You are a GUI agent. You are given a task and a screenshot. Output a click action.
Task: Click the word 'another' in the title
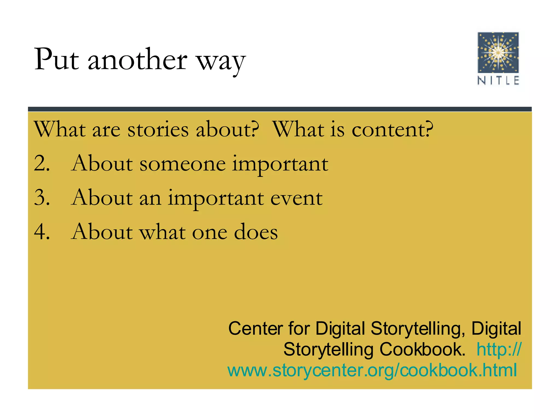137,60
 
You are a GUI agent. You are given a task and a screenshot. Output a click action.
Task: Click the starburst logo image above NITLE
498,52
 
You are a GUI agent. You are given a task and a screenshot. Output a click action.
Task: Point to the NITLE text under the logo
498,81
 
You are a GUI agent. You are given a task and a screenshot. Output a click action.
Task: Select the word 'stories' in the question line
158,130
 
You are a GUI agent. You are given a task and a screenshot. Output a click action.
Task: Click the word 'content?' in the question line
392,130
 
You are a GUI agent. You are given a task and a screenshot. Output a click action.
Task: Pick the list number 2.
42,164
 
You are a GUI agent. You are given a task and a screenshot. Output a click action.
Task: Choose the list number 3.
42,197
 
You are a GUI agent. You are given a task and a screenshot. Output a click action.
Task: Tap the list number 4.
42,232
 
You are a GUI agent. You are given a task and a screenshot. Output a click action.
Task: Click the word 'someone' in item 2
182,164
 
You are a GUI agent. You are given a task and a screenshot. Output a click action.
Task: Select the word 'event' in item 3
296,198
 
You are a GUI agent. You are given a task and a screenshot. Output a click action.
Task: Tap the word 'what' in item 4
162,232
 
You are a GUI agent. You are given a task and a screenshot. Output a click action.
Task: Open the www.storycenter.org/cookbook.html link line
372,370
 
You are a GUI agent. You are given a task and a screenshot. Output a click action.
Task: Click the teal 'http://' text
499,349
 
